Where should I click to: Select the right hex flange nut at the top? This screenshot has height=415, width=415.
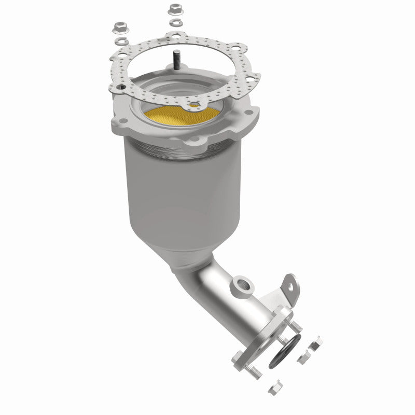pos(173,9)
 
